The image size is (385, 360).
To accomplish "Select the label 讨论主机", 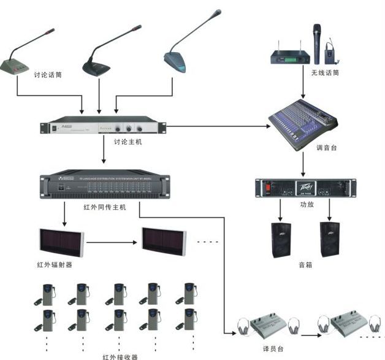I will point(128,142).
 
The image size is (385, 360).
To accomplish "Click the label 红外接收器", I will point(120,356).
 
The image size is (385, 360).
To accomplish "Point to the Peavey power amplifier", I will point(305,188).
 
